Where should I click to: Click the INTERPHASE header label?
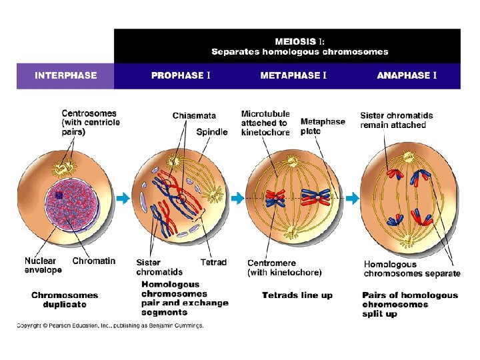(65, 75)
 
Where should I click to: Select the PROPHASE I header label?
(181, 75)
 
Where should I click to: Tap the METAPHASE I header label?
(293, 75)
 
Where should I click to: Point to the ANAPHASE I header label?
(407, 75)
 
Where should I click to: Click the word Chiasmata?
(193, 116)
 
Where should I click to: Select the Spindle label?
(212, 132)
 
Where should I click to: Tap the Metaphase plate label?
(323, 126)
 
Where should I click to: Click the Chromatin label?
(94, 261)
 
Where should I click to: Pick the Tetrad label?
(213, 263)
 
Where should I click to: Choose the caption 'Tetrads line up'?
(297, 295)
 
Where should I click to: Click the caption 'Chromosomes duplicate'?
(65, 300)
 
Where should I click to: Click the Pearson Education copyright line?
(110, 326)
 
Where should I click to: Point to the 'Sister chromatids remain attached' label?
(396, 120)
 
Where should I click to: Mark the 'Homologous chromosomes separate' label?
(411, 269)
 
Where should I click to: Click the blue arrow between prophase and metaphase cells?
(237, 198)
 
